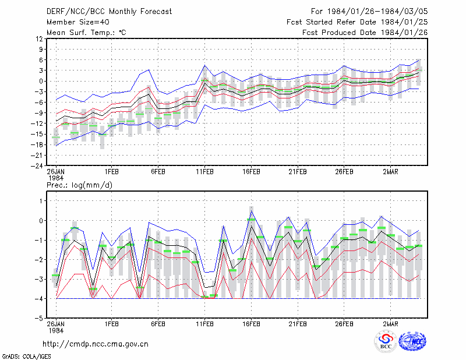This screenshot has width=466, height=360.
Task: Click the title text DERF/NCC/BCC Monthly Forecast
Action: (x=109, y=12)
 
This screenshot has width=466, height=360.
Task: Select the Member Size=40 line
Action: (x=78, y=22)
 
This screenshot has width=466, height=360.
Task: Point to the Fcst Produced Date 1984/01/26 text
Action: (x=365, y=33)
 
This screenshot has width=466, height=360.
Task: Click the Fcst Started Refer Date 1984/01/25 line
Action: (x=357, y=22)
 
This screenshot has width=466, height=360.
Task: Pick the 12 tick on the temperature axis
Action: (x=39, y=38)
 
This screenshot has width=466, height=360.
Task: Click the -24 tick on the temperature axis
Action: (x=37, y=166)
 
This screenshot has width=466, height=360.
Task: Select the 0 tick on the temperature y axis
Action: (x=41, y=81)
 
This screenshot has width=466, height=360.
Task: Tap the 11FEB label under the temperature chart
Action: (x=204, y=172)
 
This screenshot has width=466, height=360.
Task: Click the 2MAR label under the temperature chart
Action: (x=390, y=172)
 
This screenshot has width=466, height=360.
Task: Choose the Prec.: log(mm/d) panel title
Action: (x=79, y=185)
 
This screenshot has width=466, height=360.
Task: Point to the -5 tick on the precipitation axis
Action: (x=39, y=318)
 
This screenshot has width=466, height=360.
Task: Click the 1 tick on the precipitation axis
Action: (x=41, y=201)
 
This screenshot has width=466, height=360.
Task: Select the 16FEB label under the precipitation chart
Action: (x=251, y=324)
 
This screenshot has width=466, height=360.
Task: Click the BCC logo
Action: (x=386, y=341)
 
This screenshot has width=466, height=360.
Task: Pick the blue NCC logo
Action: (x=412, y=341)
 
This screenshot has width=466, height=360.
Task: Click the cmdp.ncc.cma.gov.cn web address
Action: (x=96, y=344)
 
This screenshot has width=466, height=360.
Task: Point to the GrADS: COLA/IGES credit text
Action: (x=26, y=357)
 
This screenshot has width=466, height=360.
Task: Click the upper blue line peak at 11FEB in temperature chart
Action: (x=204, y=65)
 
